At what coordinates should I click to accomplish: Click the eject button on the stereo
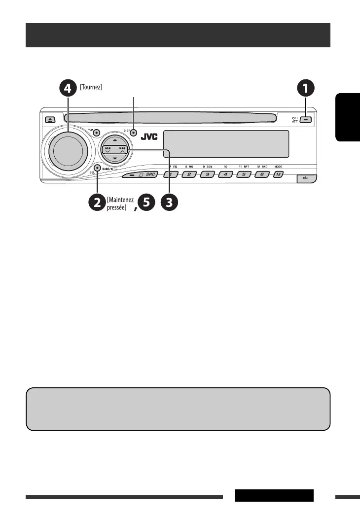tap(52, 119)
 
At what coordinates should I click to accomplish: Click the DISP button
tap(133, 133)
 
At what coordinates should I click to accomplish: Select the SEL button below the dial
tap(98, 168)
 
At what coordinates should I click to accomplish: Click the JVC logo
tap(149, 137)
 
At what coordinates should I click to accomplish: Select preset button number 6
tap(261, 175)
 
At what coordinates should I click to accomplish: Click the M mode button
tap(279, 175)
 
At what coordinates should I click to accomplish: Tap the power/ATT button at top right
tap(307, 119)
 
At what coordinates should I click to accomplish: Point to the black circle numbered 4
tap(68, 89)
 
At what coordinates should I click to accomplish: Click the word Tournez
tap(91, 87)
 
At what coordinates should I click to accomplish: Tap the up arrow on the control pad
tap(114, 140)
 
